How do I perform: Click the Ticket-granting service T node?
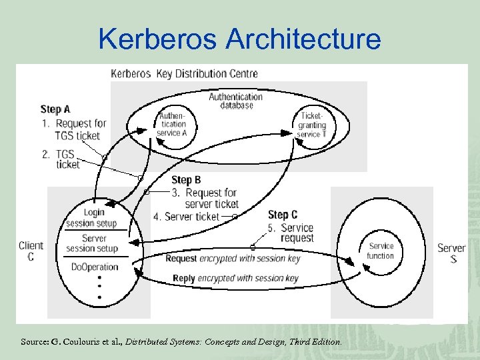click(312, 125)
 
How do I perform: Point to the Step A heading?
click(55, 109)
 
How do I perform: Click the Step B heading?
click(186, 180)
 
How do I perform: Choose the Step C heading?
click(283, 215)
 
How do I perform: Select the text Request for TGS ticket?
click(77, 129)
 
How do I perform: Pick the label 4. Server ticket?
click(186, 217)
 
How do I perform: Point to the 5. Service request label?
click(291, 233)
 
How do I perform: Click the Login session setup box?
click(94, 218)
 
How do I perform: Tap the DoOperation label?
click(94, 267)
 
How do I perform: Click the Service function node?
click(381, 251)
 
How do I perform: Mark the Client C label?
click(31, 251)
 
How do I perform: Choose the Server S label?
click(451, 253)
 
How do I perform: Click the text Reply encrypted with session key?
click(235, 278)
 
